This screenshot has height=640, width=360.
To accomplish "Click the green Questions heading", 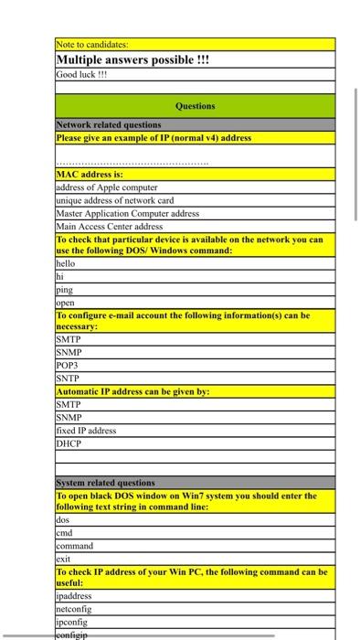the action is click(x=195, y=106).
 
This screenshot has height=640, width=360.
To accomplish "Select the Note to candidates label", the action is click(x=92, y=44).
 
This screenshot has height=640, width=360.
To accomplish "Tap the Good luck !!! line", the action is click(x=82, y=74).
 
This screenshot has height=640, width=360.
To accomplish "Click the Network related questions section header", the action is click(x=109, y=124).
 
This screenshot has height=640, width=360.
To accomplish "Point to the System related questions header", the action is click(x=106, y=483).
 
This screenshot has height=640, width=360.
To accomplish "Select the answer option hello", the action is click(x=67, y=262).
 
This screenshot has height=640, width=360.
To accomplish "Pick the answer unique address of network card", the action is click(x=115, y=200).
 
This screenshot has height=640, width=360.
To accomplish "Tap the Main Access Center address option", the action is click(x=110, y=226).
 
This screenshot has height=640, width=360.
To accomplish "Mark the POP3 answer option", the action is click(x=69, y=364).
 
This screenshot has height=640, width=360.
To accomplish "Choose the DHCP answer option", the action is click(x=69, y=443).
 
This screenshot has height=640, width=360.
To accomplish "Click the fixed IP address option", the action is click(x=87, y=430).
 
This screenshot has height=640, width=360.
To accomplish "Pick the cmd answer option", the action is click(x=65, y=533).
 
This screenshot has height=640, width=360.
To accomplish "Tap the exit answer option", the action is click(x=64, y=558).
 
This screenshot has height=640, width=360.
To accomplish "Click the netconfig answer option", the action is click(x=76, y=607).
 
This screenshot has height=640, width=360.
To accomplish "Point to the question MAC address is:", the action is click(x=90, y=173).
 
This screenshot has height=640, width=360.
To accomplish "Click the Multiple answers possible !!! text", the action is click(x=133, y=59).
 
